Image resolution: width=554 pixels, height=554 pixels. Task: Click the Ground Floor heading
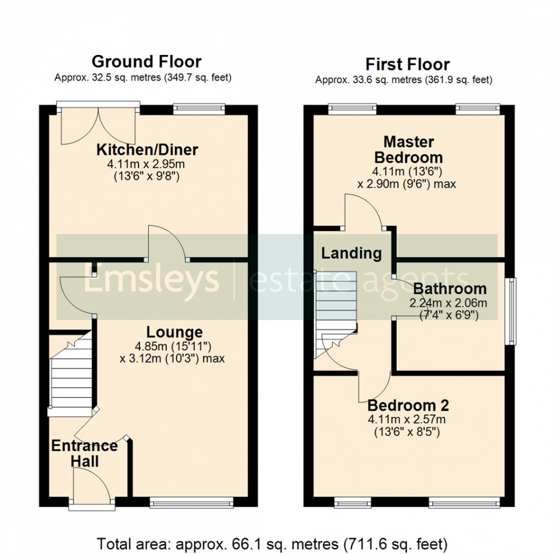(147, 61)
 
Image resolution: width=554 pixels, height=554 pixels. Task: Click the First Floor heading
(407, 64)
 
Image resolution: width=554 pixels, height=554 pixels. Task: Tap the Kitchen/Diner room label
(147, 149)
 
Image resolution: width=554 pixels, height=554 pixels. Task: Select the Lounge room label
(174, 332)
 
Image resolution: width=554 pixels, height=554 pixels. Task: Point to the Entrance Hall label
(84, 454)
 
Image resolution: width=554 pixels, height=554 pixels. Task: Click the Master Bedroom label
(408, 150)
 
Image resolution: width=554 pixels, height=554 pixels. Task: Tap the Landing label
(351, 253)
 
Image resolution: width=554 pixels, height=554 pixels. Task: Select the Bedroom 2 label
(408, 405)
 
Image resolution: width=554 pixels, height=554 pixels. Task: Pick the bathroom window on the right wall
(510, 311)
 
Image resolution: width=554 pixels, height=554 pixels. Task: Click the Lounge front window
(191, 504)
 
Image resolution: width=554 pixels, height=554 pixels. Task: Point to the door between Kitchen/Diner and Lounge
(168, 244)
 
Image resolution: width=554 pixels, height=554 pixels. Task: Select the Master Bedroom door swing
(364, 212)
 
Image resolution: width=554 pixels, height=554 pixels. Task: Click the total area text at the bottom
(272, 543)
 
